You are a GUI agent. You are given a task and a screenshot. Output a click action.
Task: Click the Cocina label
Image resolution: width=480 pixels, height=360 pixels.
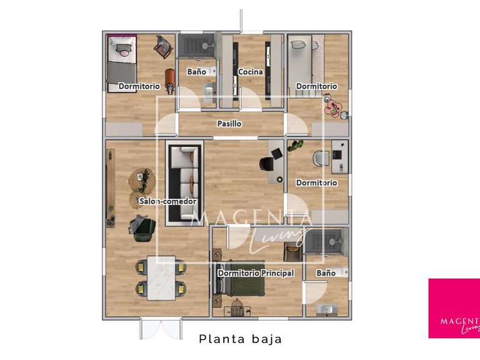pos(250,72)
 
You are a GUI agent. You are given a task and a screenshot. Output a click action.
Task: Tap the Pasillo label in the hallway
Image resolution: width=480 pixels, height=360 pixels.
pos(229,124)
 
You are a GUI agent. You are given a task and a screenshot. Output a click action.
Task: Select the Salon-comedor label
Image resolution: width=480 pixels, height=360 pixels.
pos(168,201)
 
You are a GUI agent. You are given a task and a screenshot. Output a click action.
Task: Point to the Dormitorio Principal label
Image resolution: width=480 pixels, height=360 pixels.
pos(256,273)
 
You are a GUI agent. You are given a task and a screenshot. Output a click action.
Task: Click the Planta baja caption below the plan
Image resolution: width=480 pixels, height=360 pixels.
pos(241,339)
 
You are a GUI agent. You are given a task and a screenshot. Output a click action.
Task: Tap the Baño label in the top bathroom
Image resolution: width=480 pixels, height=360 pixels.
pos(196,72)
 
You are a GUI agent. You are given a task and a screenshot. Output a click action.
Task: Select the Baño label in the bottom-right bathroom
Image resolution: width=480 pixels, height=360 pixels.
pos(326,273)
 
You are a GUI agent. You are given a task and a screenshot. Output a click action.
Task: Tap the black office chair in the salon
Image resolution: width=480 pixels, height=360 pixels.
pos(267,163)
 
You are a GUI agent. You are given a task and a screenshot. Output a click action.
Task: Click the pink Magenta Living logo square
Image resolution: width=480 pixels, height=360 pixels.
pos(454,308)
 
